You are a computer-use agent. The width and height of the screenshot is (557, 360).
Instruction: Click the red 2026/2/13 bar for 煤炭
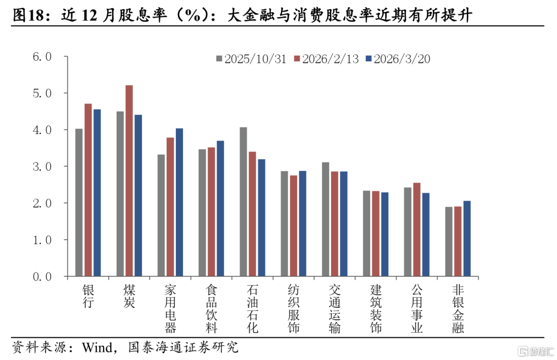point(129,181)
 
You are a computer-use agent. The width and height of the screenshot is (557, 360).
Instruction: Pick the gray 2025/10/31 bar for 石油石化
point(243,202)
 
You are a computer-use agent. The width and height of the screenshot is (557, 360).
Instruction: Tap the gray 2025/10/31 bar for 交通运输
point(325,219)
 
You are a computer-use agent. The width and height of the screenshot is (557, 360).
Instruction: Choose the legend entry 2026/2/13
point(326,59)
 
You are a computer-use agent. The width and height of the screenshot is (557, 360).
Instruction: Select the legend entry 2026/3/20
point(397,59)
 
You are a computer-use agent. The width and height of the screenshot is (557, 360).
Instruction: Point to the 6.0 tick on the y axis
point(42,57)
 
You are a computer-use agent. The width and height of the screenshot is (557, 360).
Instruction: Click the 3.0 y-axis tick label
point(42,167)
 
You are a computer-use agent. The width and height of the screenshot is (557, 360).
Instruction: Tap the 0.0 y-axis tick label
point(42,277)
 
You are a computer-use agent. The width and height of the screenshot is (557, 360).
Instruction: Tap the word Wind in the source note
point(96,347)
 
